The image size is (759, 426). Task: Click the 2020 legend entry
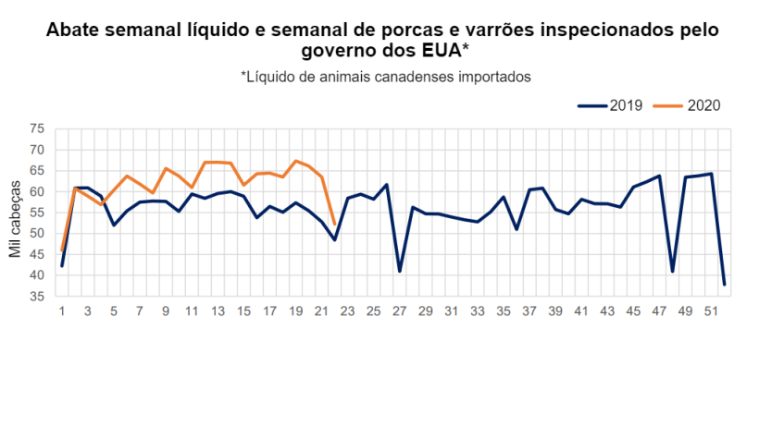[x=700, y=105]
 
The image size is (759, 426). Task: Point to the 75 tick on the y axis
[x=37, y=128]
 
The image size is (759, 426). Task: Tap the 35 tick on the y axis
[x=37, y=297]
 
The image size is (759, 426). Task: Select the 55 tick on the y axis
[x=37, y=213]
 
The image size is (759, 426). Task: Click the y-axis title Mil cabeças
[x=16, y=213]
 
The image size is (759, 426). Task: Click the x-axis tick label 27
[x=399, y=311]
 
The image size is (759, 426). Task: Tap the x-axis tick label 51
[x=711, y=311]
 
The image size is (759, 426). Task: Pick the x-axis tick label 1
[x=62, y=311]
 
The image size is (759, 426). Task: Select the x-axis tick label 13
[x=218, y=311]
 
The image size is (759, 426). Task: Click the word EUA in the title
[x=439, y=50]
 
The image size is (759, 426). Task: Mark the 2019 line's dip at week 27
[x=399, y=271]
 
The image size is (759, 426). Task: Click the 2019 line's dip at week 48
[x=672, y=271]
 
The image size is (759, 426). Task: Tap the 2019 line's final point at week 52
[x=724, y=284]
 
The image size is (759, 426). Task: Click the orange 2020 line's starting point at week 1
[x=62, y=250]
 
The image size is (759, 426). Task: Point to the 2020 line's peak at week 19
[x=295, y=161]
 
